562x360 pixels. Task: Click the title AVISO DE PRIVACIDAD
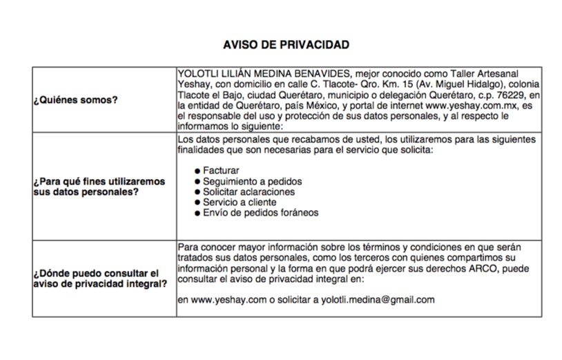click(x=286, y=45)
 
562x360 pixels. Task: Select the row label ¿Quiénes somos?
click(x=75, y=100)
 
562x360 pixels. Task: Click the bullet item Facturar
click(x=222, y=170)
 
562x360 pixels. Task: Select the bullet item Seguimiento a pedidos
click(x=252, y=181)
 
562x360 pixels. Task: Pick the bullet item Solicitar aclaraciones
click(x=249, y=191)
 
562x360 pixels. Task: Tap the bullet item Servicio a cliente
click(x=240, y=202)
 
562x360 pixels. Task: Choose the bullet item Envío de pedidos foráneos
click(x=260, y=213)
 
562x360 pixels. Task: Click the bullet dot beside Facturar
click(x=197, y=171)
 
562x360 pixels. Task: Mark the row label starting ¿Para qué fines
click(x=99, y=187)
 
